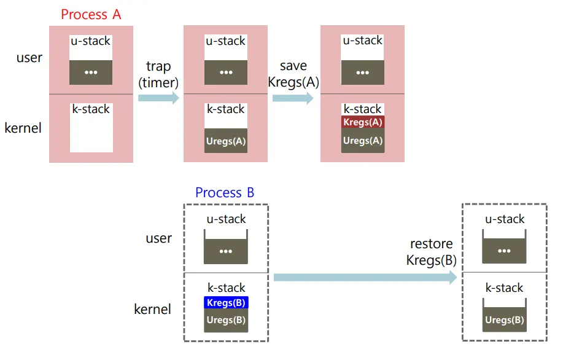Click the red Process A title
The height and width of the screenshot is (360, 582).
91,14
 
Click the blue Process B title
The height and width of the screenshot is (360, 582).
225,193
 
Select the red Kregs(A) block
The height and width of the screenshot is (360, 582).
363,122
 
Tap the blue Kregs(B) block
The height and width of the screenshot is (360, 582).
226,303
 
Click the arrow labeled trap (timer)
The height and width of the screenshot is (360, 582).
158,98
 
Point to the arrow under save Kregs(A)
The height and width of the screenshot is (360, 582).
293,98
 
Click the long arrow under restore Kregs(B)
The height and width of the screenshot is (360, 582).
365,278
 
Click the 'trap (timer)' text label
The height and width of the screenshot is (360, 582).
158,74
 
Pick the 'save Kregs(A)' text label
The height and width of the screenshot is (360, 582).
293,74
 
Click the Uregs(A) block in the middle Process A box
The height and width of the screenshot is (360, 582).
226,141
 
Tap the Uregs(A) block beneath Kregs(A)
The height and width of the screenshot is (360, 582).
363,141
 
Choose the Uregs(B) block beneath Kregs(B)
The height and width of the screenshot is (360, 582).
226,321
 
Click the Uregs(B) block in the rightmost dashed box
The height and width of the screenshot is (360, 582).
504,320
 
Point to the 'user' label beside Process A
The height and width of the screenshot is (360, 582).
29,58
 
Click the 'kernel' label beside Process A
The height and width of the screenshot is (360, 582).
23,128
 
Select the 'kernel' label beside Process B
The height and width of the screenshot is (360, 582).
152,309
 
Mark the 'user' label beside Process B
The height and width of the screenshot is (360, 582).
158,238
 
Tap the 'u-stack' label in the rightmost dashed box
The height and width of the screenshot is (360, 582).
504,219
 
